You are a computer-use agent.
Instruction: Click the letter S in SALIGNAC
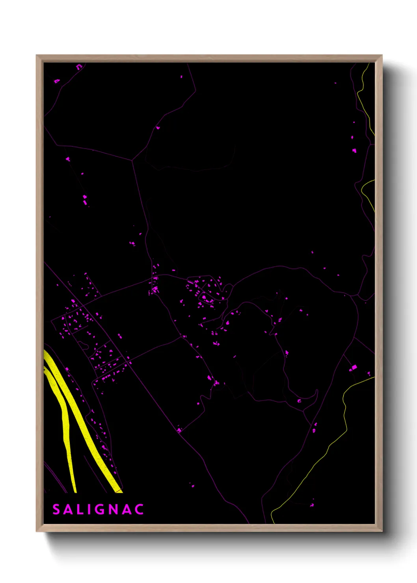click(56, 509)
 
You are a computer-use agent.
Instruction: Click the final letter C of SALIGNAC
click(139, 509)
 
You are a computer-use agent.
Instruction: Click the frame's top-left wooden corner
click(39, 58)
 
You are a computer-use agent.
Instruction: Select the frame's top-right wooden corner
click(379, 58)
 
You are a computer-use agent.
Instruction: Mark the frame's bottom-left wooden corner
click(39, 528)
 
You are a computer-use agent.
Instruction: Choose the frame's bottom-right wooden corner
click(379, 528)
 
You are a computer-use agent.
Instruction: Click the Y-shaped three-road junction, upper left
click(132, 160)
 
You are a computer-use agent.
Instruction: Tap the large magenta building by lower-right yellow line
click(353, 368)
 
